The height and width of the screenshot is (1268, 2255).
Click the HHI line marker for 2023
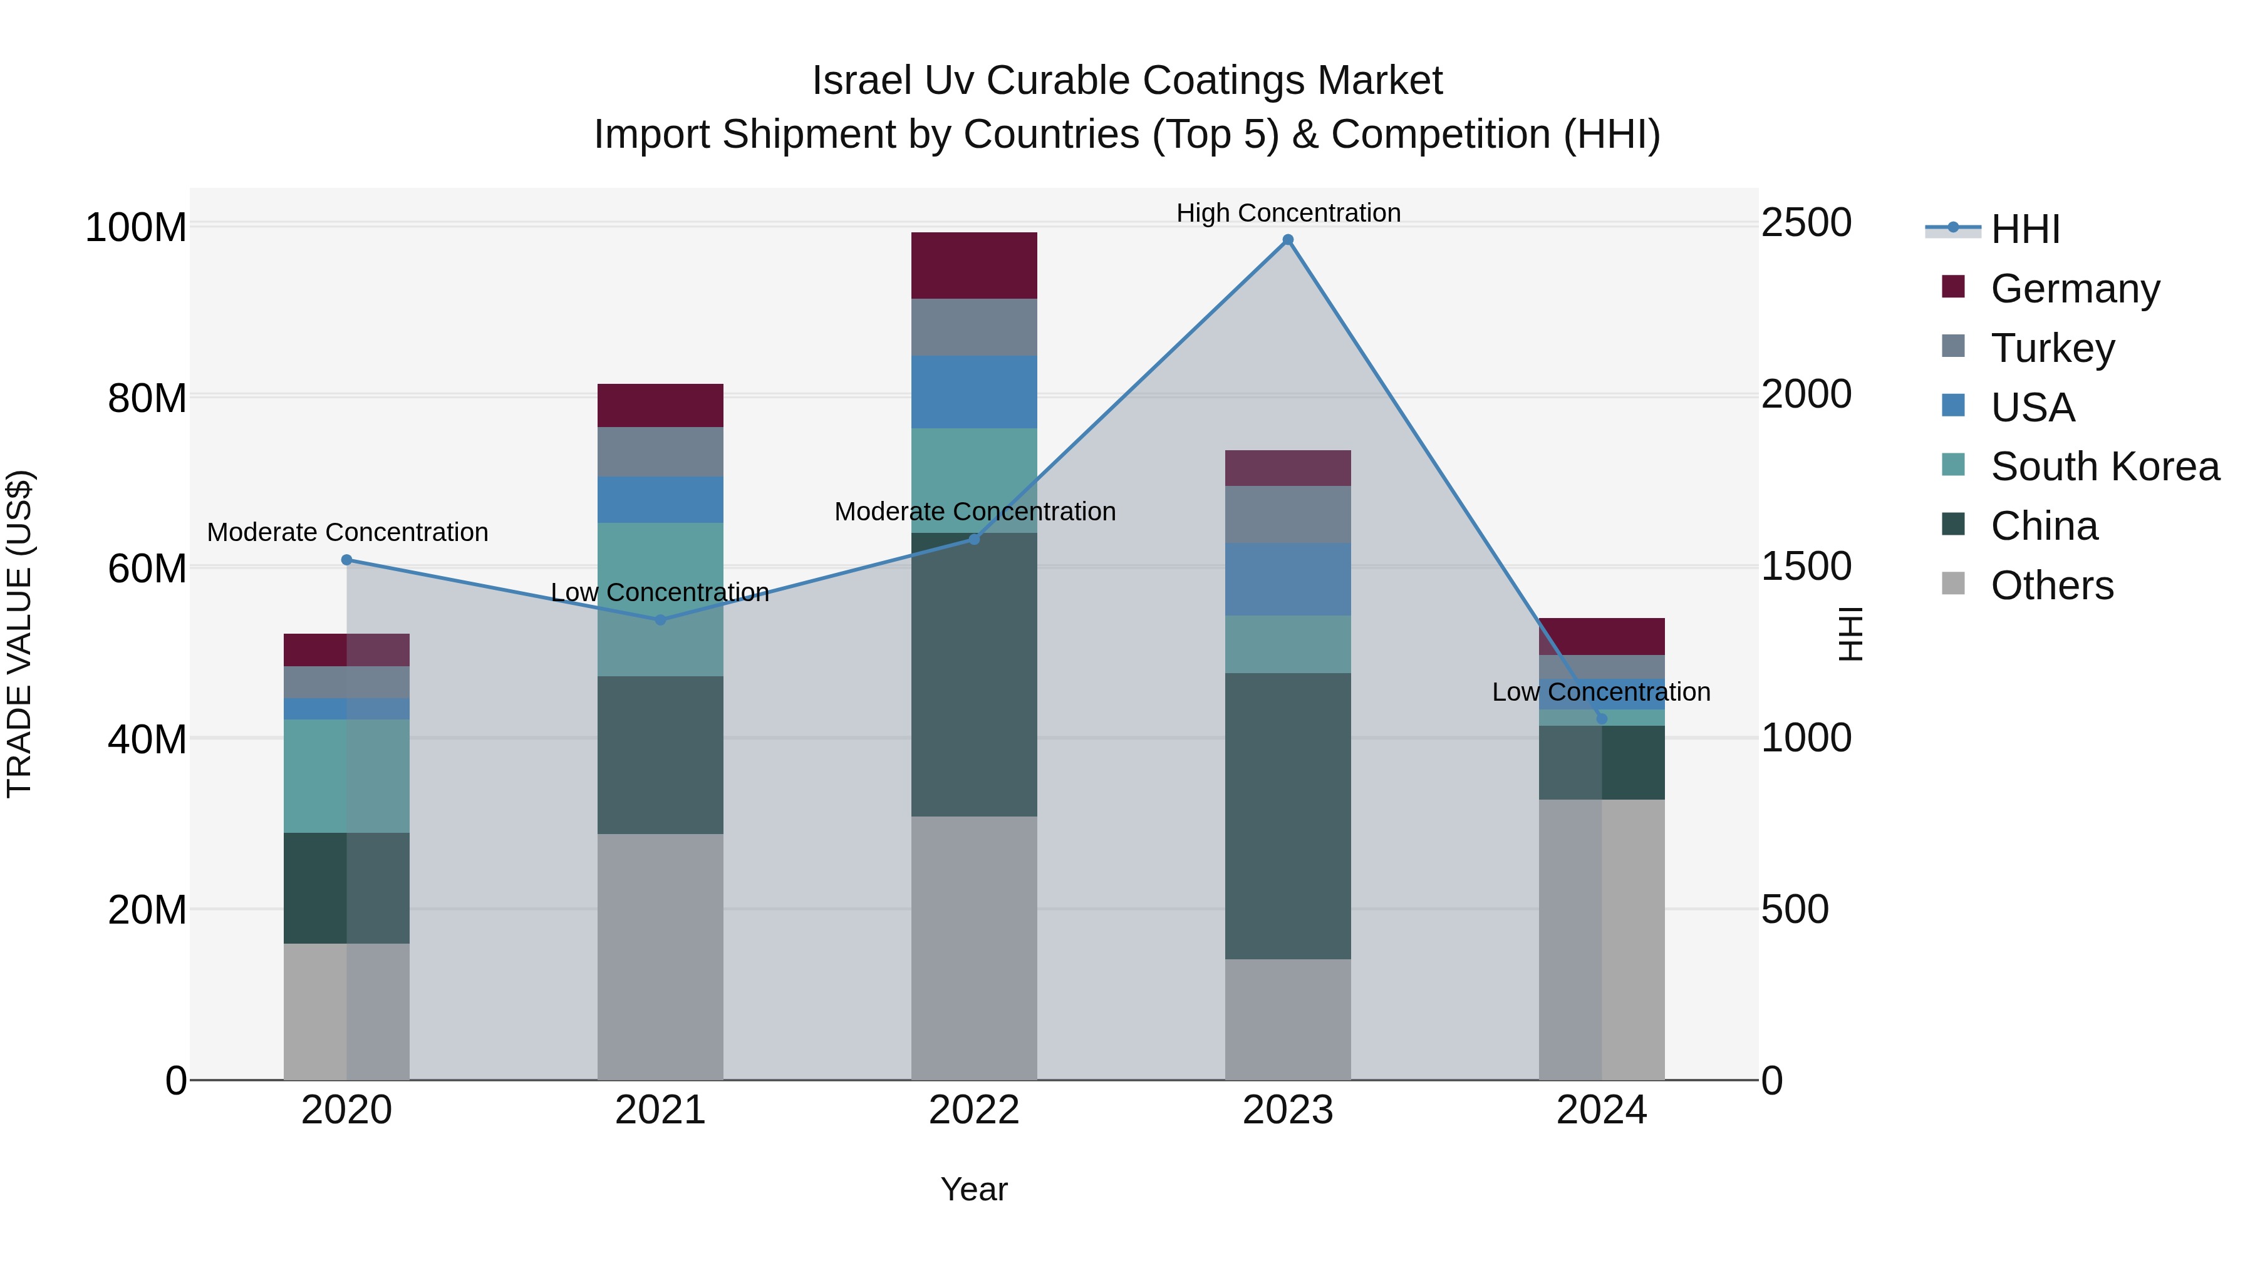click(x=1288, y=240)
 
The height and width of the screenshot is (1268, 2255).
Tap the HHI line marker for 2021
click(x=660, y=619)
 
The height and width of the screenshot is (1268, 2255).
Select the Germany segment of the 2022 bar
click(x=973, y=265)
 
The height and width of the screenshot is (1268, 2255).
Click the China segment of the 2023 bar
click(x=1288, y=815)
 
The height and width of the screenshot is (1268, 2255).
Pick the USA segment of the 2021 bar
click(x=660, y=500)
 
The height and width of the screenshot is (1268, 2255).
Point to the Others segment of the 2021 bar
click(x=660, y=956)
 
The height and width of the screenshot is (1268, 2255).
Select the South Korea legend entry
click(x=2105, y=466)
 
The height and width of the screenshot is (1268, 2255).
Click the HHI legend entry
click(x=2024, y=229)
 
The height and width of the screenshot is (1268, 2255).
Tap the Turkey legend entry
click(x=2052, y=348)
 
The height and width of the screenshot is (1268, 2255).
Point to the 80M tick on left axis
click(x=147, y=398)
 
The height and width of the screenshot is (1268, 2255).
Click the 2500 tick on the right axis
click(x=1806, y=222)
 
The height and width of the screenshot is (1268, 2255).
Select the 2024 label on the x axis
click(x=1601, y=1110)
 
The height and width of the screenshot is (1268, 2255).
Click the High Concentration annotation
click(x=1288, y=213)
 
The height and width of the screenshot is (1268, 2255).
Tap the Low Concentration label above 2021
click(x=660, y=592)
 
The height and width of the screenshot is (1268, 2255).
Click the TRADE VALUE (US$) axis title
click(x=19, y=634)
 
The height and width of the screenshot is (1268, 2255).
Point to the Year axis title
click(x=973, y=1189)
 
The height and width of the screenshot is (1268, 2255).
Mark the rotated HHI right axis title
click(x=1850, y=634)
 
